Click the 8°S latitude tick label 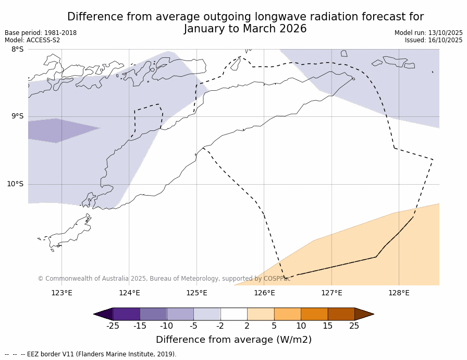(x=17, y=50)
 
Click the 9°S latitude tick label (x=17, y=116)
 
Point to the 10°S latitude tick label (x=15, y=184)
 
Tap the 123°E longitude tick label (x=62, y=293)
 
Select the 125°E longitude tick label (x=196, y=293)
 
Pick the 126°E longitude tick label (x=264, y=293)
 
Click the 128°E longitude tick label (x=399, y=293)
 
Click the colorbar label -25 (x=113, y=326)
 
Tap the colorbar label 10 (x=301, y=326)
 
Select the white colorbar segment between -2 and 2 (x=234, y=314)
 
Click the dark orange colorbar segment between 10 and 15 (x=314, y=314)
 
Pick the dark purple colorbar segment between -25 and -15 (x=126, y=314)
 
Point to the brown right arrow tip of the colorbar (x=365, y=314)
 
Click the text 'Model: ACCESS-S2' (x=32, y=40)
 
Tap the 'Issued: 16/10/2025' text (x=434, y=40)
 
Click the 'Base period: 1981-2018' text (x=41, y=33)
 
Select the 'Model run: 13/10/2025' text (x=428, y=33)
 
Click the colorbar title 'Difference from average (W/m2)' (x=233, y=340)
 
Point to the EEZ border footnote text (x=91, y=354)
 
